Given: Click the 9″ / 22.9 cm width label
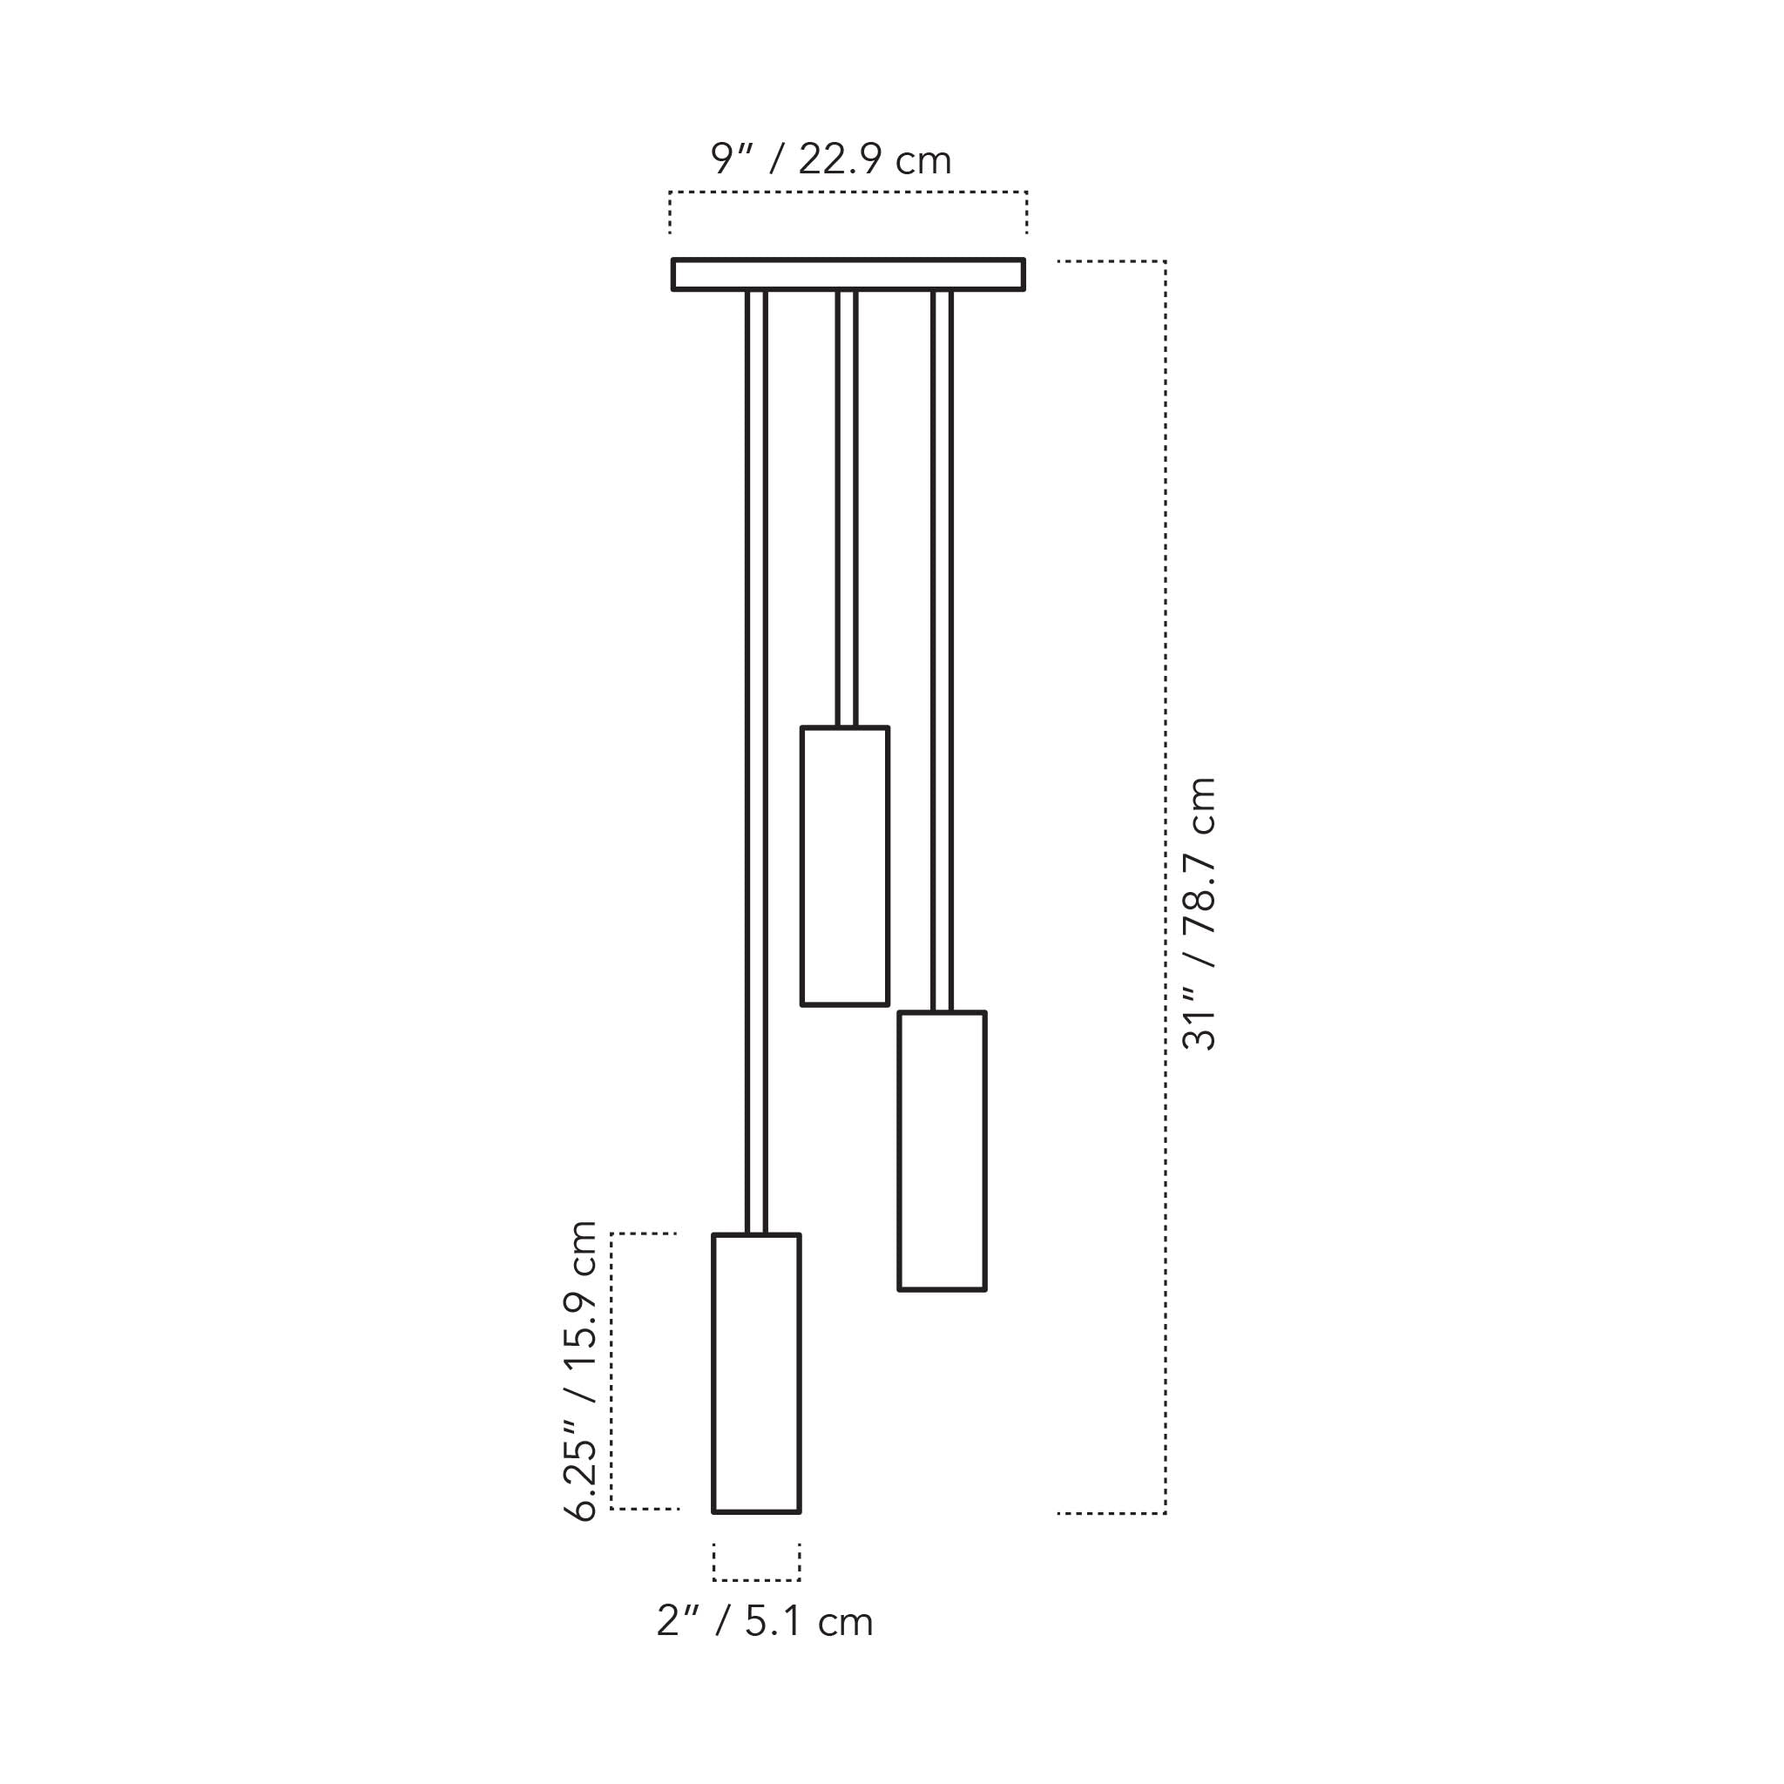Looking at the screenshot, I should pos(830,159).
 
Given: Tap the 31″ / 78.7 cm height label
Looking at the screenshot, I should pos(1199,913).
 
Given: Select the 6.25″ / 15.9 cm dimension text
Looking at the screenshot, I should pos(581,1370).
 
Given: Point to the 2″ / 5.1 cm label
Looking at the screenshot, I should pos(765,1621).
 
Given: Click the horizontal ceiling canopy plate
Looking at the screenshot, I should pos(848,274).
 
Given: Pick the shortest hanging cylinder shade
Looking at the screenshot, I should pos(844,866).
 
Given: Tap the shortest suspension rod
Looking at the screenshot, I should pos(846,508).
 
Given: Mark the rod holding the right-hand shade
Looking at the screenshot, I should pos(941,646).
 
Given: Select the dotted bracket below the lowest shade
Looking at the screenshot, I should pos(755,1579).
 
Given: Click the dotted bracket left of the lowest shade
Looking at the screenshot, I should pos(612,1371).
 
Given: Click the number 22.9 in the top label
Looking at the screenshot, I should pos(836,159).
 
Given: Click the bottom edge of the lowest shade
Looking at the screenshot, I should pos(755,1511).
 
